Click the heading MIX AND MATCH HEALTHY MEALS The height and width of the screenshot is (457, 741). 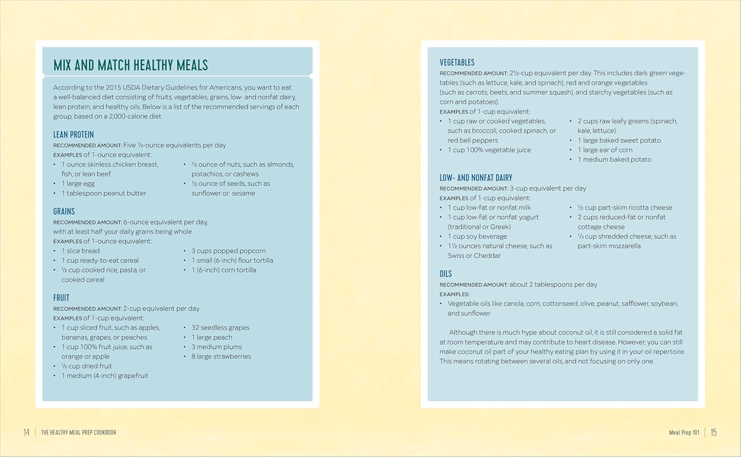point(130,65)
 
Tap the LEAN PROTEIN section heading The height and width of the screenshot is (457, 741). point(74,134)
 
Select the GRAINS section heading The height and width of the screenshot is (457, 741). point(64,211)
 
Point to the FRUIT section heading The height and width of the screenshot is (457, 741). point(61,297)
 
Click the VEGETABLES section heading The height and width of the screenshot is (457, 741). point(457,62)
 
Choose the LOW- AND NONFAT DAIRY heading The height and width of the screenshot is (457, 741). point(476,177)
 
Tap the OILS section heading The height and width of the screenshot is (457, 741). point(446,273)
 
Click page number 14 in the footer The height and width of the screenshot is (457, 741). point(27,432)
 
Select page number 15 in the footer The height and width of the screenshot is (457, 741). point(713,432)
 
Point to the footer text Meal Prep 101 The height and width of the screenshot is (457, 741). point(684,432)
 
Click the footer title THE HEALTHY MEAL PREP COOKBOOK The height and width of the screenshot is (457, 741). point(79,432)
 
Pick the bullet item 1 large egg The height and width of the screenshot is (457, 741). point(78,183)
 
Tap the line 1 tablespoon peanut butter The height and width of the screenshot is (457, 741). point(104,193)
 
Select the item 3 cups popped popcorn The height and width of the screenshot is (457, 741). point(228,250)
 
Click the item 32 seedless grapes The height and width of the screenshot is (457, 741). point(220,328)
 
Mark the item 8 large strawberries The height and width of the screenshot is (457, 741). point(221,356)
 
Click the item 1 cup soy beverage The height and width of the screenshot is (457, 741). point(477,236)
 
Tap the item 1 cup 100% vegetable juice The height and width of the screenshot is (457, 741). point(489,150)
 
